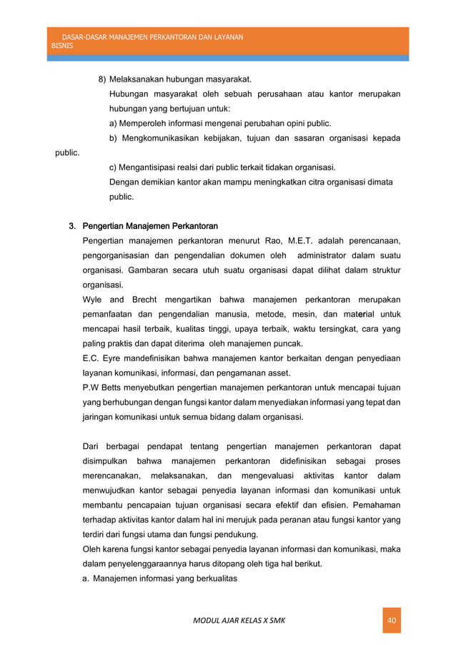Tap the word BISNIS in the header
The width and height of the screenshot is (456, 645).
coord(63,44)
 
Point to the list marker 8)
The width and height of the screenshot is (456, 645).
coord(102,79)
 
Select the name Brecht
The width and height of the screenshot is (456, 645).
coord(142,299)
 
